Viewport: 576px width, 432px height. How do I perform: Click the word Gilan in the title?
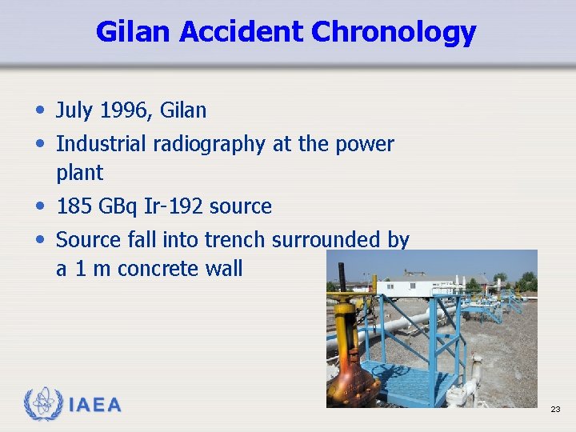(x=134, y=32)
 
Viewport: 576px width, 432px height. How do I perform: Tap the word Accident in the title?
(x=242, y=32)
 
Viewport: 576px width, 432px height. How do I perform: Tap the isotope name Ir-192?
(x=173, y=206)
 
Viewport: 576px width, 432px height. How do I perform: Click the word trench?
(x=236, y=239)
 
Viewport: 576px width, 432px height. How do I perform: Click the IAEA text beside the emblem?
(x=95, y=406)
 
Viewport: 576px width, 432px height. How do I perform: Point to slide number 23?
(x=555, y=410)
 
